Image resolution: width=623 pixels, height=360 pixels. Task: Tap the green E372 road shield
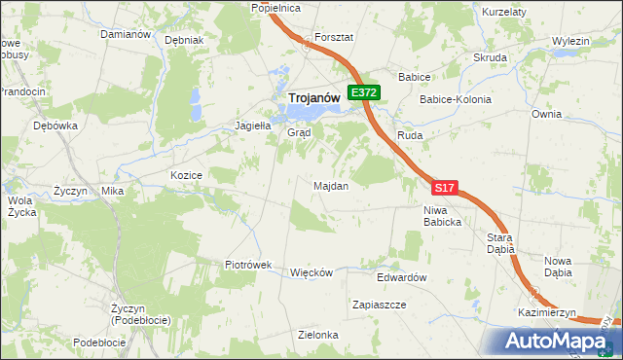365,92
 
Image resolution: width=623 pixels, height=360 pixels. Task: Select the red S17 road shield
444,187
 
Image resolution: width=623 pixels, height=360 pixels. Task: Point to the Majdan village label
331,185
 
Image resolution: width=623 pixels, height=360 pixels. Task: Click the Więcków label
311,272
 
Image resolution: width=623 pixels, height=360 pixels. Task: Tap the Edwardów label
402,277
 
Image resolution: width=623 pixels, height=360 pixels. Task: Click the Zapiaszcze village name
379,305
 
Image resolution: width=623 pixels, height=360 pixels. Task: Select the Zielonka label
318,335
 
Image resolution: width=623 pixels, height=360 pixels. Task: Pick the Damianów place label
126,34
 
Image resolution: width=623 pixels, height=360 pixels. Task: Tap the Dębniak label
184,41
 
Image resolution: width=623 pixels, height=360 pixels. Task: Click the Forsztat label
333,36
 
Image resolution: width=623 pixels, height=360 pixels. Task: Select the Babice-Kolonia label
455,99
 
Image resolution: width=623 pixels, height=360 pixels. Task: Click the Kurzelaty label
504,11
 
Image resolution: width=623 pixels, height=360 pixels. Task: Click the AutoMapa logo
559,341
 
